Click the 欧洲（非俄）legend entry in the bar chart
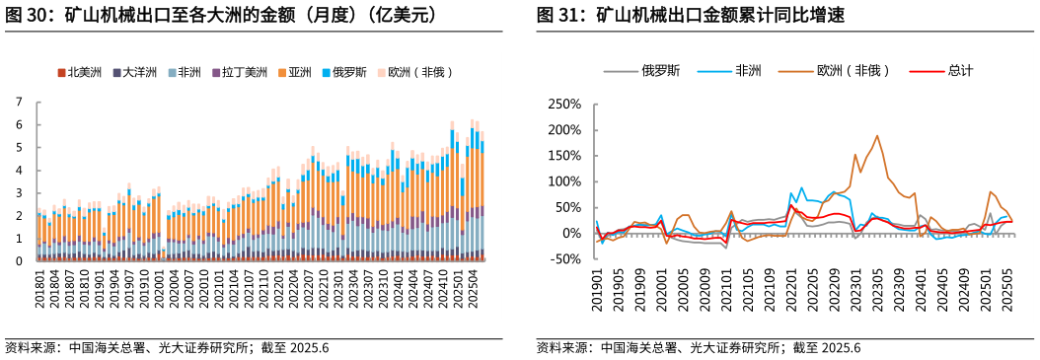413,72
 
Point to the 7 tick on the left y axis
18,102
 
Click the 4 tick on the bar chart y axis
18,170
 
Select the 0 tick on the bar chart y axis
18,261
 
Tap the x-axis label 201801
39,293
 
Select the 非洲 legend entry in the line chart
747,70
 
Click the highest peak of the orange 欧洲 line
876,136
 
